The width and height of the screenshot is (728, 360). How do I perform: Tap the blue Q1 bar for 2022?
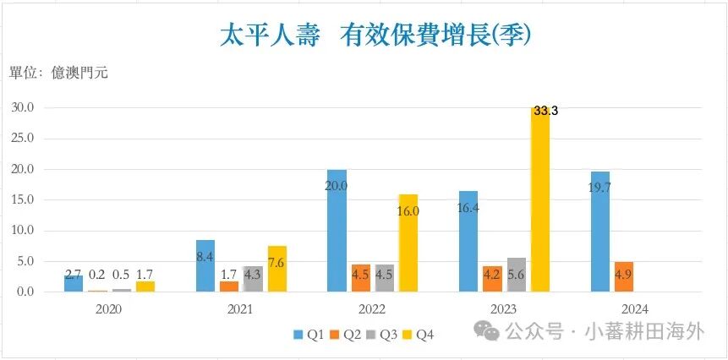pyautogui.click(x=337, y=231)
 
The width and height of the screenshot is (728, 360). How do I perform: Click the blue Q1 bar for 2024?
pyautogui.click(x=600, y=232)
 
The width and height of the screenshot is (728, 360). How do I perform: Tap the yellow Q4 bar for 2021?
pyautogui.click(x=277, y=269)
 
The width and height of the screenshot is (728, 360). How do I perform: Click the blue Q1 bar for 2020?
pyautogui.click(x=74, y=283)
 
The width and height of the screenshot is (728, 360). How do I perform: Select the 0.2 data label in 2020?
pyautogui.click(x=98, y=275)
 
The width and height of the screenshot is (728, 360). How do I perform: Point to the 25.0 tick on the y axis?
pyautogui.click(x=22, y=139)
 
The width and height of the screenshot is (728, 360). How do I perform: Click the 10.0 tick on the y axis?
pyautogui.click(x=22, y=231)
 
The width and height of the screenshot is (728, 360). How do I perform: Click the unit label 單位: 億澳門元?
pyautogui.click(x=58, y=73)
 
